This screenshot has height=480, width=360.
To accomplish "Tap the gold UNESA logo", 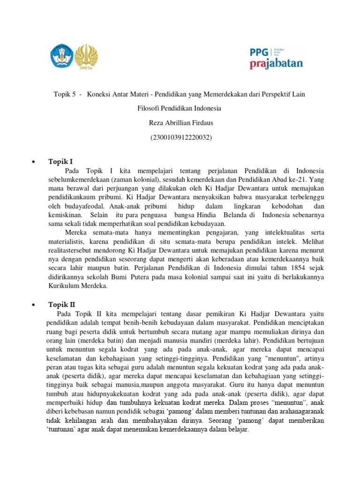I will click(x=87, y=56).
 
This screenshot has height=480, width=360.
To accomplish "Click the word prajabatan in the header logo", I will click(x=276, y=63).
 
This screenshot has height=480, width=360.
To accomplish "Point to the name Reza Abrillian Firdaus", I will click(x=180, y=123).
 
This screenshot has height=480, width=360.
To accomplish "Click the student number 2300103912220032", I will click(x=180, y=138).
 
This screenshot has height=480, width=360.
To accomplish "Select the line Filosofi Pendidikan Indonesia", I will click(x=180, y=109).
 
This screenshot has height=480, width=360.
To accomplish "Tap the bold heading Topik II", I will click(x=62, y=305).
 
